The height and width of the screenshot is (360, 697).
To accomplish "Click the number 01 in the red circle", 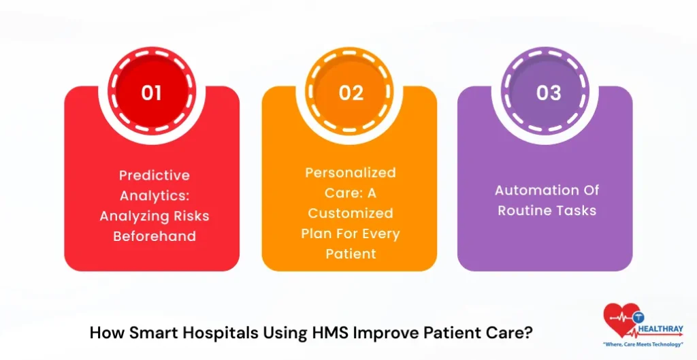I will [x=151, y=92].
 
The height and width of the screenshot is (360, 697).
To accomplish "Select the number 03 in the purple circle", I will [x=548, y=92].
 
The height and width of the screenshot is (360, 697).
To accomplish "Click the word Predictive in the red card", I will [x=155, y=176].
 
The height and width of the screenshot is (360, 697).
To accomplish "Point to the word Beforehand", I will [x=155, y=236].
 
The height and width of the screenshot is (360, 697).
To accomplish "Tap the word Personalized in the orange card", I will [x=350, y=172].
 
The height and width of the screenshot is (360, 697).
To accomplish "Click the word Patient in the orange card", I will [x=351, y=254].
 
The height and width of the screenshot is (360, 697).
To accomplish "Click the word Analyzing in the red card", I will [x=134, y=216].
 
